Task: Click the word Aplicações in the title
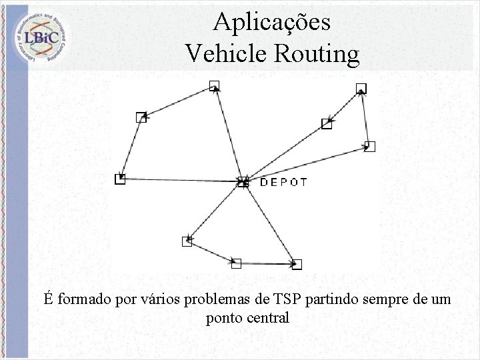[271, 23]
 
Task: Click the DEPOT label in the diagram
[283, 181]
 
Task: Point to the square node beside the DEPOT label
[243, 181]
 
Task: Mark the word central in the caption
[269, 318]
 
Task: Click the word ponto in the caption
[224, 318]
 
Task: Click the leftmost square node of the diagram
[119, 179]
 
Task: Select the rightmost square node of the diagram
[371, 146]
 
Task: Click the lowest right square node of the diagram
[297, 264]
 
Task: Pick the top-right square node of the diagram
[361, 88]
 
